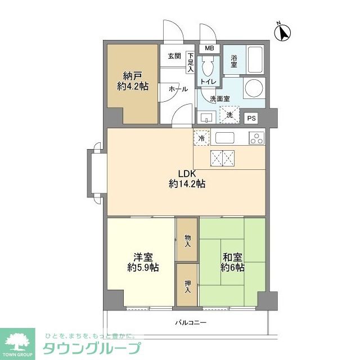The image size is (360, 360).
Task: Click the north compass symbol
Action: click(x=283, y=32)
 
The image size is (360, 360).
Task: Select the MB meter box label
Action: click(x=209, y=48)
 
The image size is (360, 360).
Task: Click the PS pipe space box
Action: click(x=251, y=118)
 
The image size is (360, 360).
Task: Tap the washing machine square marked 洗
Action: click(x=229, y=114)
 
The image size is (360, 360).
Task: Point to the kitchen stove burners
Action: click(x=256, y=137)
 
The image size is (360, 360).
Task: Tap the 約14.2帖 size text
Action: click(x=187, y=184)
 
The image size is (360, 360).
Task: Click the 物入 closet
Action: click(x=187, y=240)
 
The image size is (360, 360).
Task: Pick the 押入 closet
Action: click(x=187, y=286)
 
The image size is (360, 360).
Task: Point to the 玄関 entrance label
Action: click(x=174, y=56)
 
